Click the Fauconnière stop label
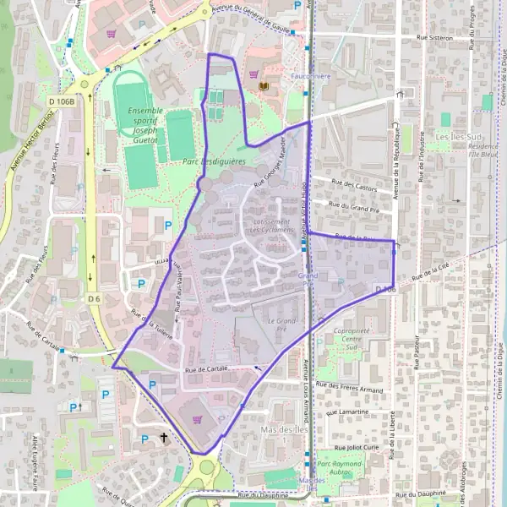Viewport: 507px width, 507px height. click(x=310, y=75)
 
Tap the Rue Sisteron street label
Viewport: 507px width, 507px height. click(x=434, y=38)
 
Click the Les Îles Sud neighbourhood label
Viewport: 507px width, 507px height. click(x=458, y=136)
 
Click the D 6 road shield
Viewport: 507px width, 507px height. click(x=94, y=298)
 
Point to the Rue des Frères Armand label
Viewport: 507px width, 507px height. click(x=349, y=388)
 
